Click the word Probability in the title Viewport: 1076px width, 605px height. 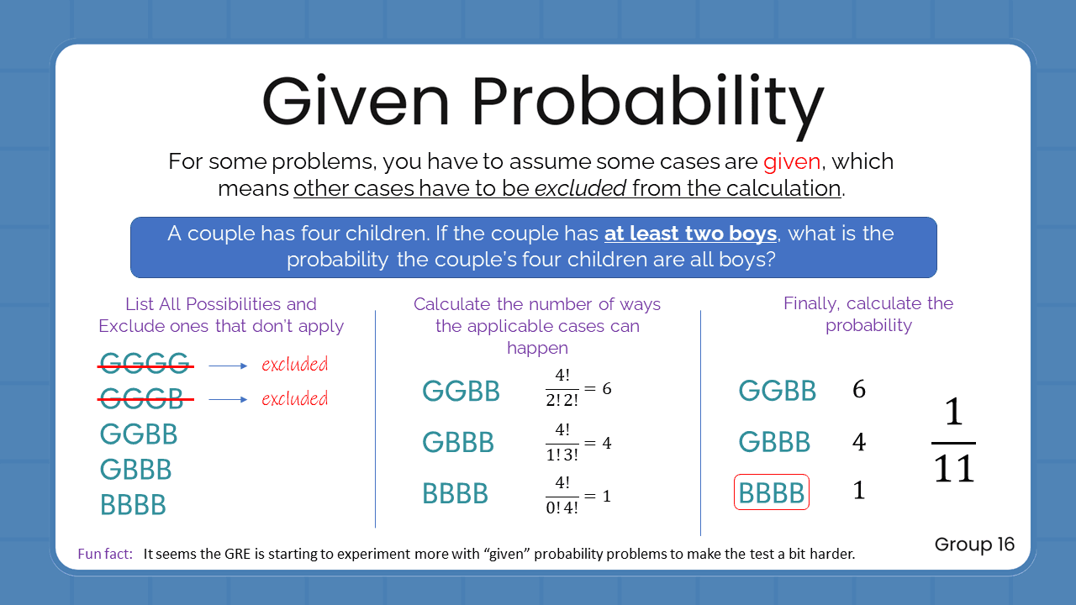pos(647,101)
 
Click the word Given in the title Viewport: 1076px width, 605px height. pos(356,101)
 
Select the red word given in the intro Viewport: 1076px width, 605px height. pos(792,161)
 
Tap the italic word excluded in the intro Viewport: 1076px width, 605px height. pos(580,188)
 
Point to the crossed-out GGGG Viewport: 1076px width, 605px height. pos(145,365)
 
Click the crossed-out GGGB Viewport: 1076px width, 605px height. pos(145,398)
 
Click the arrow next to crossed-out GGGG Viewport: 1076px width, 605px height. pos(228,366)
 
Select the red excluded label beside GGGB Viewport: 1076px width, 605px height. pos(294,398)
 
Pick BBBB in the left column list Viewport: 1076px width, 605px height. pos(133,505)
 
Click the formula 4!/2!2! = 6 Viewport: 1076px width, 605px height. pos(578,390)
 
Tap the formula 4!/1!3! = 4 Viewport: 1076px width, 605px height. pos(578,443)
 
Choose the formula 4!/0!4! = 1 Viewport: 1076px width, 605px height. pos(578,495)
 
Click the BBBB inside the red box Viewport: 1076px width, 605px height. pos(772,492)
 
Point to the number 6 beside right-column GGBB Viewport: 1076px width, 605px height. pos(858,390)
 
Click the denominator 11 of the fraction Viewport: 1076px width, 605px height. pos(954,469)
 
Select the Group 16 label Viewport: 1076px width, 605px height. pos(974,544)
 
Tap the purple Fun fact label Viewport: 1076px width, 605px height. pos(105,554)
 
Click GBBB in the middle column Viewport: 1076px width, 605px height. pos(457,443)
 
